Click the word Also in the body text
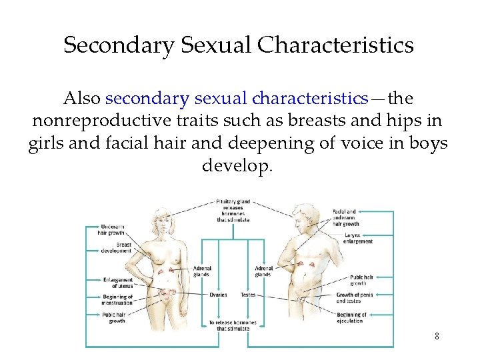(x=82, y=99)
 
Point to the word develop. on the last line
(x=237, y=165)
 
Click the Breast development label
(x=117, y=247)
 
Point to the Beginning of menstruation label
(x=118, y=300)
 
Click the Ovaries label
(x=218, y=295)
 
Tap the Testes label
(x=248, y=295)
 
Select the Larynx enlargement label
(x=358, y=238)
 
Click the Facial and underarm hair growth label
(x=345, y=217)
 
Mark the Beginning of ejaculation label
(x=351, y=317)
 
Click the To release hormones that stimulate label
(x=233, y=325)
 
